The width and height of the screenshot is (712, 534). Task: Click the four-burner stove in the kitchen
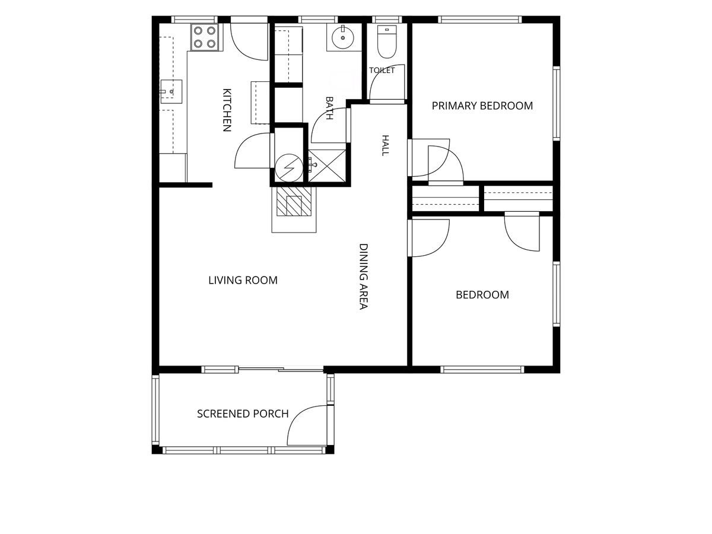pos(204,37)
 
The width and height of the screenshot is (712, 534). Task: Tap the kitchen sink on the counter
pos(171,91)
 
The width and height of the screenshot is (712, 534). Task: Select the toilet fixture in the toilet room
pos(387,42)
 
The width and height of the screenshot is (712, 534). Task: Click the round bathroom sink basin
pos(343,37)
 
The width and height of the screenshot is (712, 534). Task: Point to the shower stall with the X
pos(327,166)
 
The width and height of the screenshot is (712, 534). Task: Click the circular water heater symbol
pos(289,168)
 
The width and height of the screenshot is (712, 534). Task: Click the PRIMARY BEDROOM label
pos(482,106)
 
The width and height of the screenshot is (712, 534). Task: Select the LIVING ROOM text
pos(243,280)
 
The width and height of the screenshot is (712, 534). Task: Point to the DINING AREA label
pos(364,276)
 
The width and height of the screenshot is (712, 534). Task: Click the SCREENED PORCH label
pos(243,414)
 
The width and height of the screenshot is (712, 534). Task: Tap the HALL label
pos(385,145)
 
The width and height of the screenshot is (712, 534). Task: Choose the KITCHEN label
pos(227,110)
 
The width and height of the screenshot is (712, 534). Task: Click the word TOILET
pos(382,71)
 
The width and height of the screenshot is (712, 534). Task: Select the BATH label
pos(329,108)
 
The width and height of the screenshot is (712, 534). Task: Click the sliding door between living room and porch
pos(281,368)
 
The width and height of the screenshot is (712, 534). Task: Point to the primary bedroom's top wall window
pos(480,20)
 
